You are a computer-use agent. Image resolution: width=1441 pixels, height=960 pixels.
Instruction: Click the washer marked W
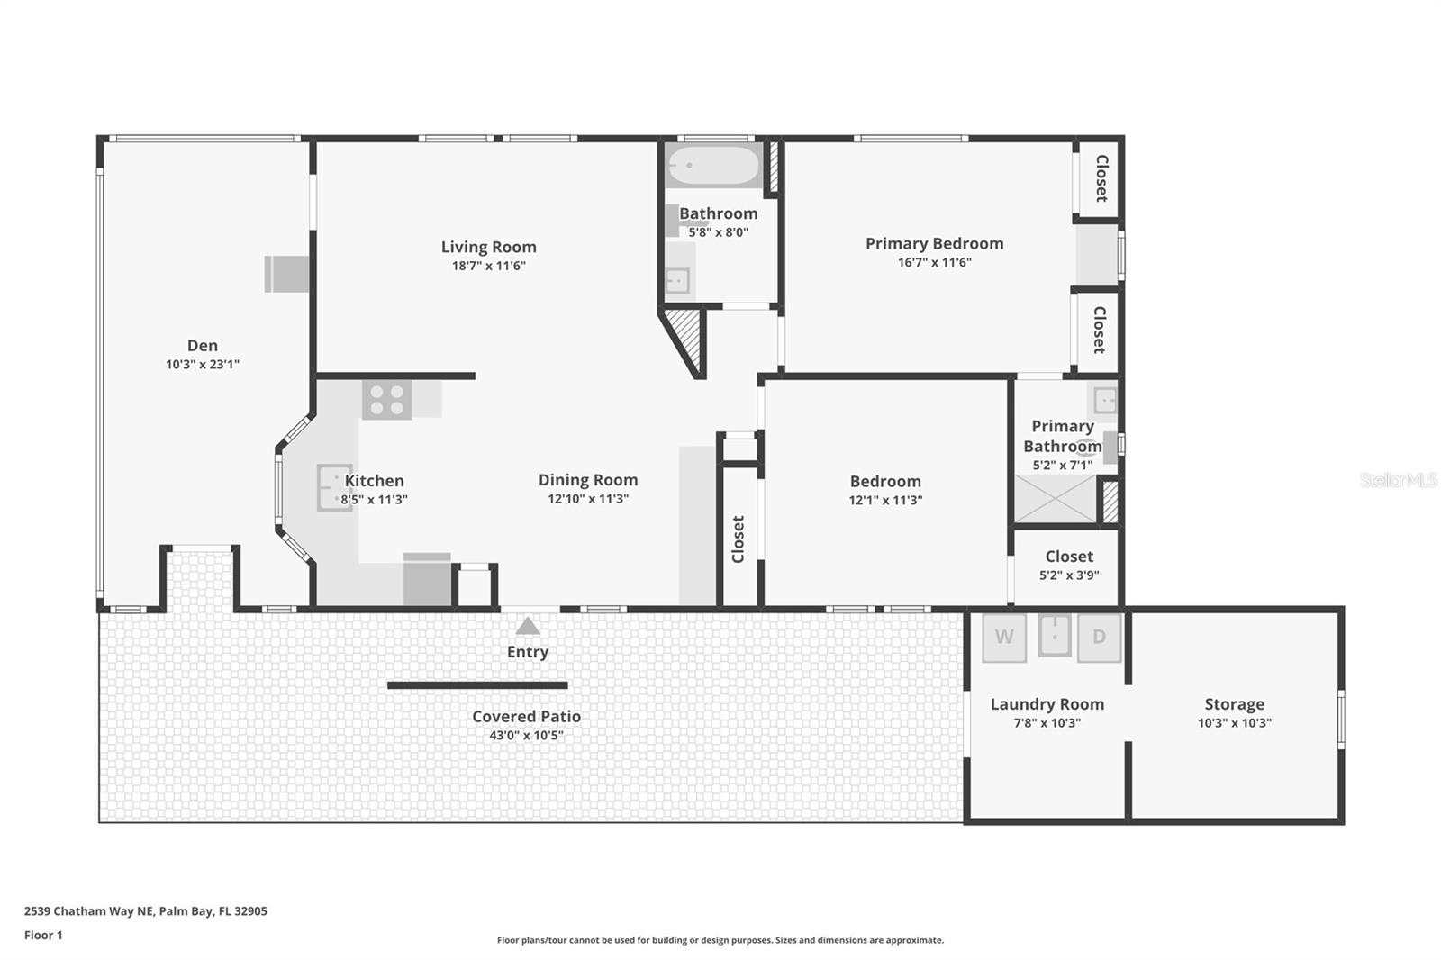pos(1003,638)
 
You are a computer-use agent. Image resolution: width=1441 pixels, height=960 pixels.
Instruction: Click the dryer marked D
pos(1099,638)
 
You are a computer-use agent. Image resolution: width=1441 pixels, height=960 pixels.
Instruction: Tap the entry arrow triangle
pos(528,626)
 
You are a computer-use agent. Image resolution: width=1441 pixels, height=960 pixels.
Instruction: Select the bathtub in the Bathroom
pos(714,167)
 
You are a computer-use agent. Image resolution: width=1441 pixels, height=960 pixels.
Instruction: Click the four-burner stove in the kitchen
pos(387,400)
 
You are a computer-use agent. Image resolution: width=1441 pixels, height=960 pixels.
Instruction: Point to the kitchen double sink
pos(333,487)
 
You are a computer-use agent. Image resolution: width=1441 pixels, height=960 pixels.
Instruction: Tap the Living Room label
pos(488,247)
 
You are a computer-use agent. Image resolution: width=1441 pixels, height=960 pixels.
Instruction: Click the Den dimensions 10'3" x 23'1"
pos(203,365)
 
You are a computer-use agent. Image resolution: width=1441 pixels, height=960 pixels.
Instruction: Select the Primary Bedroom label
pos(934,243)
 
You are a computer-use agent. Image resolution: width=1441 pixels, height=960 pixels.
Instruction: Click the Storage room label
pos(1234,704)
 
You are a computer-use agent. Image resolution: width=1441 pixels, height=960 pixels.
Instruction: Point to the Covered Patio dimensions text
pos(526,735)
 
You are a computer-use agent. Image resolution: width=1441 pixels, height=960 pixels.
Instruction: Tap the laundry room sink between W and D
pos(1054,635)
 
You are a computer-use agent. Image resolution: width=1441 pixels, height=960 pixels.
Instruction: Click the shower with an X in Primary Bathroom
pos(1056,499)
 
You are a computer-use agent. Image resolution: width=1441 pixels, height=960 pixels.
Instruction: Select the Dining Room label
pos(588,480)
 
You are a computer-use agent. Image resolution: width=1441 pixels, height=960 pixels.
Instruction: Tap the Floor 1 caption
pos(43,935)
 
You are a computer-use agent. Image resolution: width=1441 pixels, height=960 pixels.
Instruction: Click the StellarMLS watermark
pos(1398,480)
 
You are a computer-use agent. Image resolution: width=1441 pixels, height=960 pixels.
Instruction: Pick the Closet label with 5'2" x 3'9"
pos(1069,557)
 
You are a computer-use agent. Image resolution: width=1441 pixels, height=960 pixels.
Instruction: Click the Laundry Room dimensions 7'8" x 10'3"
pos(1047,723)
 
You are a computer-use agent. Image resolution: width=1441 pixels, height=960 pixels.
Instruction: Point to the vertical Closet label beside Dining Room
pos(739,539)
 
